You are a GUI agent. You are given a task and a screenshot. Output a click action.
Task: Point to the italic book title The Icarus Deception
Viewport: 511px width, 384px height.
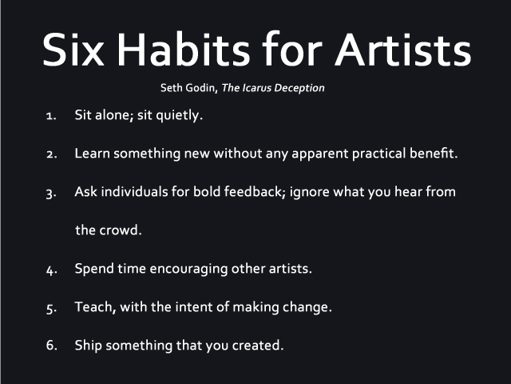[x=273, y=88]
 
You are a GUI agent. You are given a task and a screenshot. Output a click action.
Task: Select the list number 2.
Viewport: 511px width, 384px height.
[x=50, y=154]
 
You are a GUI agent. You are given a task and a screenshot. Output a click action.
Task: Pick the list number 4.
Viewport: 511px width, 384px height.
[x=50, y=269]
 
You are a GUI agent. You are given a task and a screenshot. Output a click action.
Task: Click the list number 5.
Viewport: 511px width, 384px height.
[x=50, y=307]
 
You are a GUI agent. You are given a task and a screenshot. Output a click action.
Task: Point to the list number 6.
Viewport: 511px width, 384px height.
[x=50, y=346]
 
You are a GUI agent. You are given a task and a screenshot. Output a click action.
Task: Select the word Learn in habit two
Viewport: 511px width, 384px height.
[x=92, y=154]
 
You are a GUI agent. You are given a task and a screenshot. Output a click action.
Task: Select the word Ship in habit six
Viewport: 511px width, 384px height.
[x=88, y=346]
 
